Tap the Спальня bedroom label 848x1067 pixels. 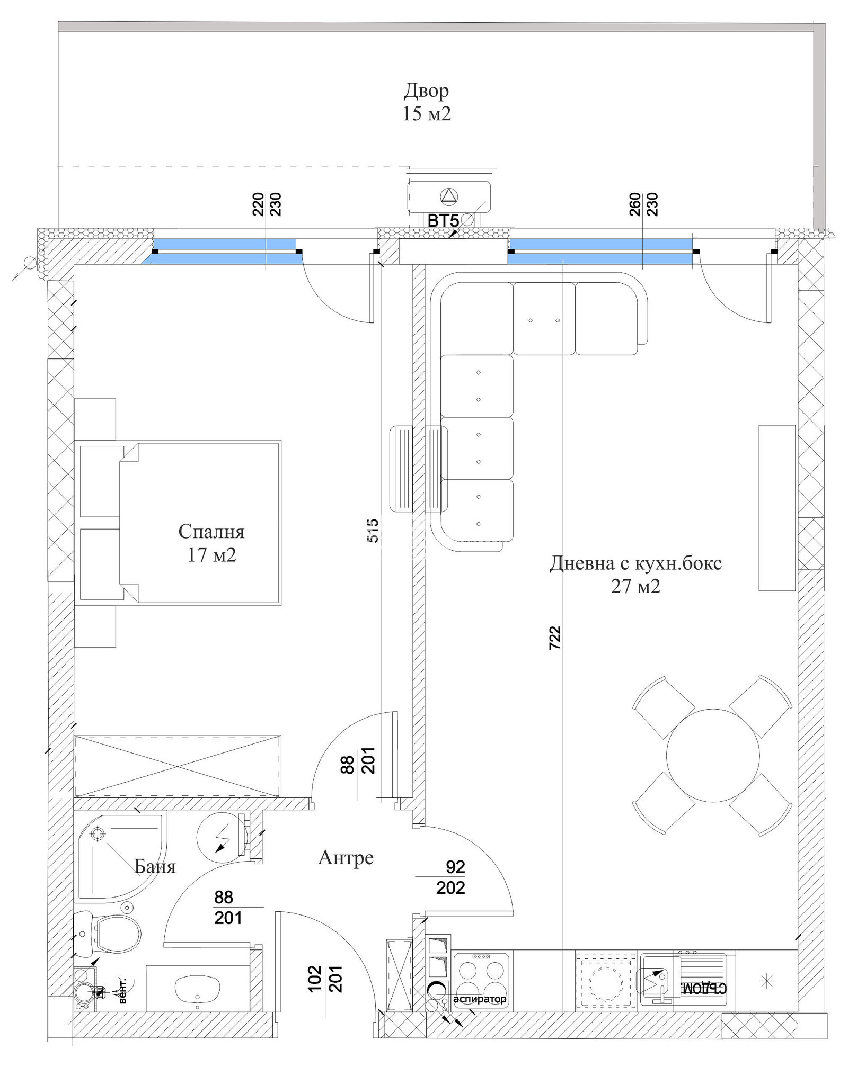[211, 532]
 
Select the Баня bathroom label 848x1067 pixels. [155, 866]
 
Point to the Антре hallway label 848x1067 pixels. [346, 857]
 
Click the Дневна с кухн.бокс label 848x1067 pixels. [635, 563]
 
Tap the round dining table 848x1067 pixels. [713, 755]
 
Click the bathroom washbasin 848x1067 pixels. [198, 989]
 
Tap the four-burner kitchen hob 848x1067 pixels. [481, 980]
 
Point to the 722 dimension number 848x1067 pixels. [554, 638]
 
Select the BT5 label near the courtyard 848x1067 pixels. [443, 220]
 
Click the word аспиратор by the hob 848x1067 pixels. [480, 999]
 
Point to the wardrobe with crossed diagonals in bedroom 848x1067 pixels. [178, 766]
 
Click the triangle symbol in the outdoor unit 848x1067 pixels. [449, 196]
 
